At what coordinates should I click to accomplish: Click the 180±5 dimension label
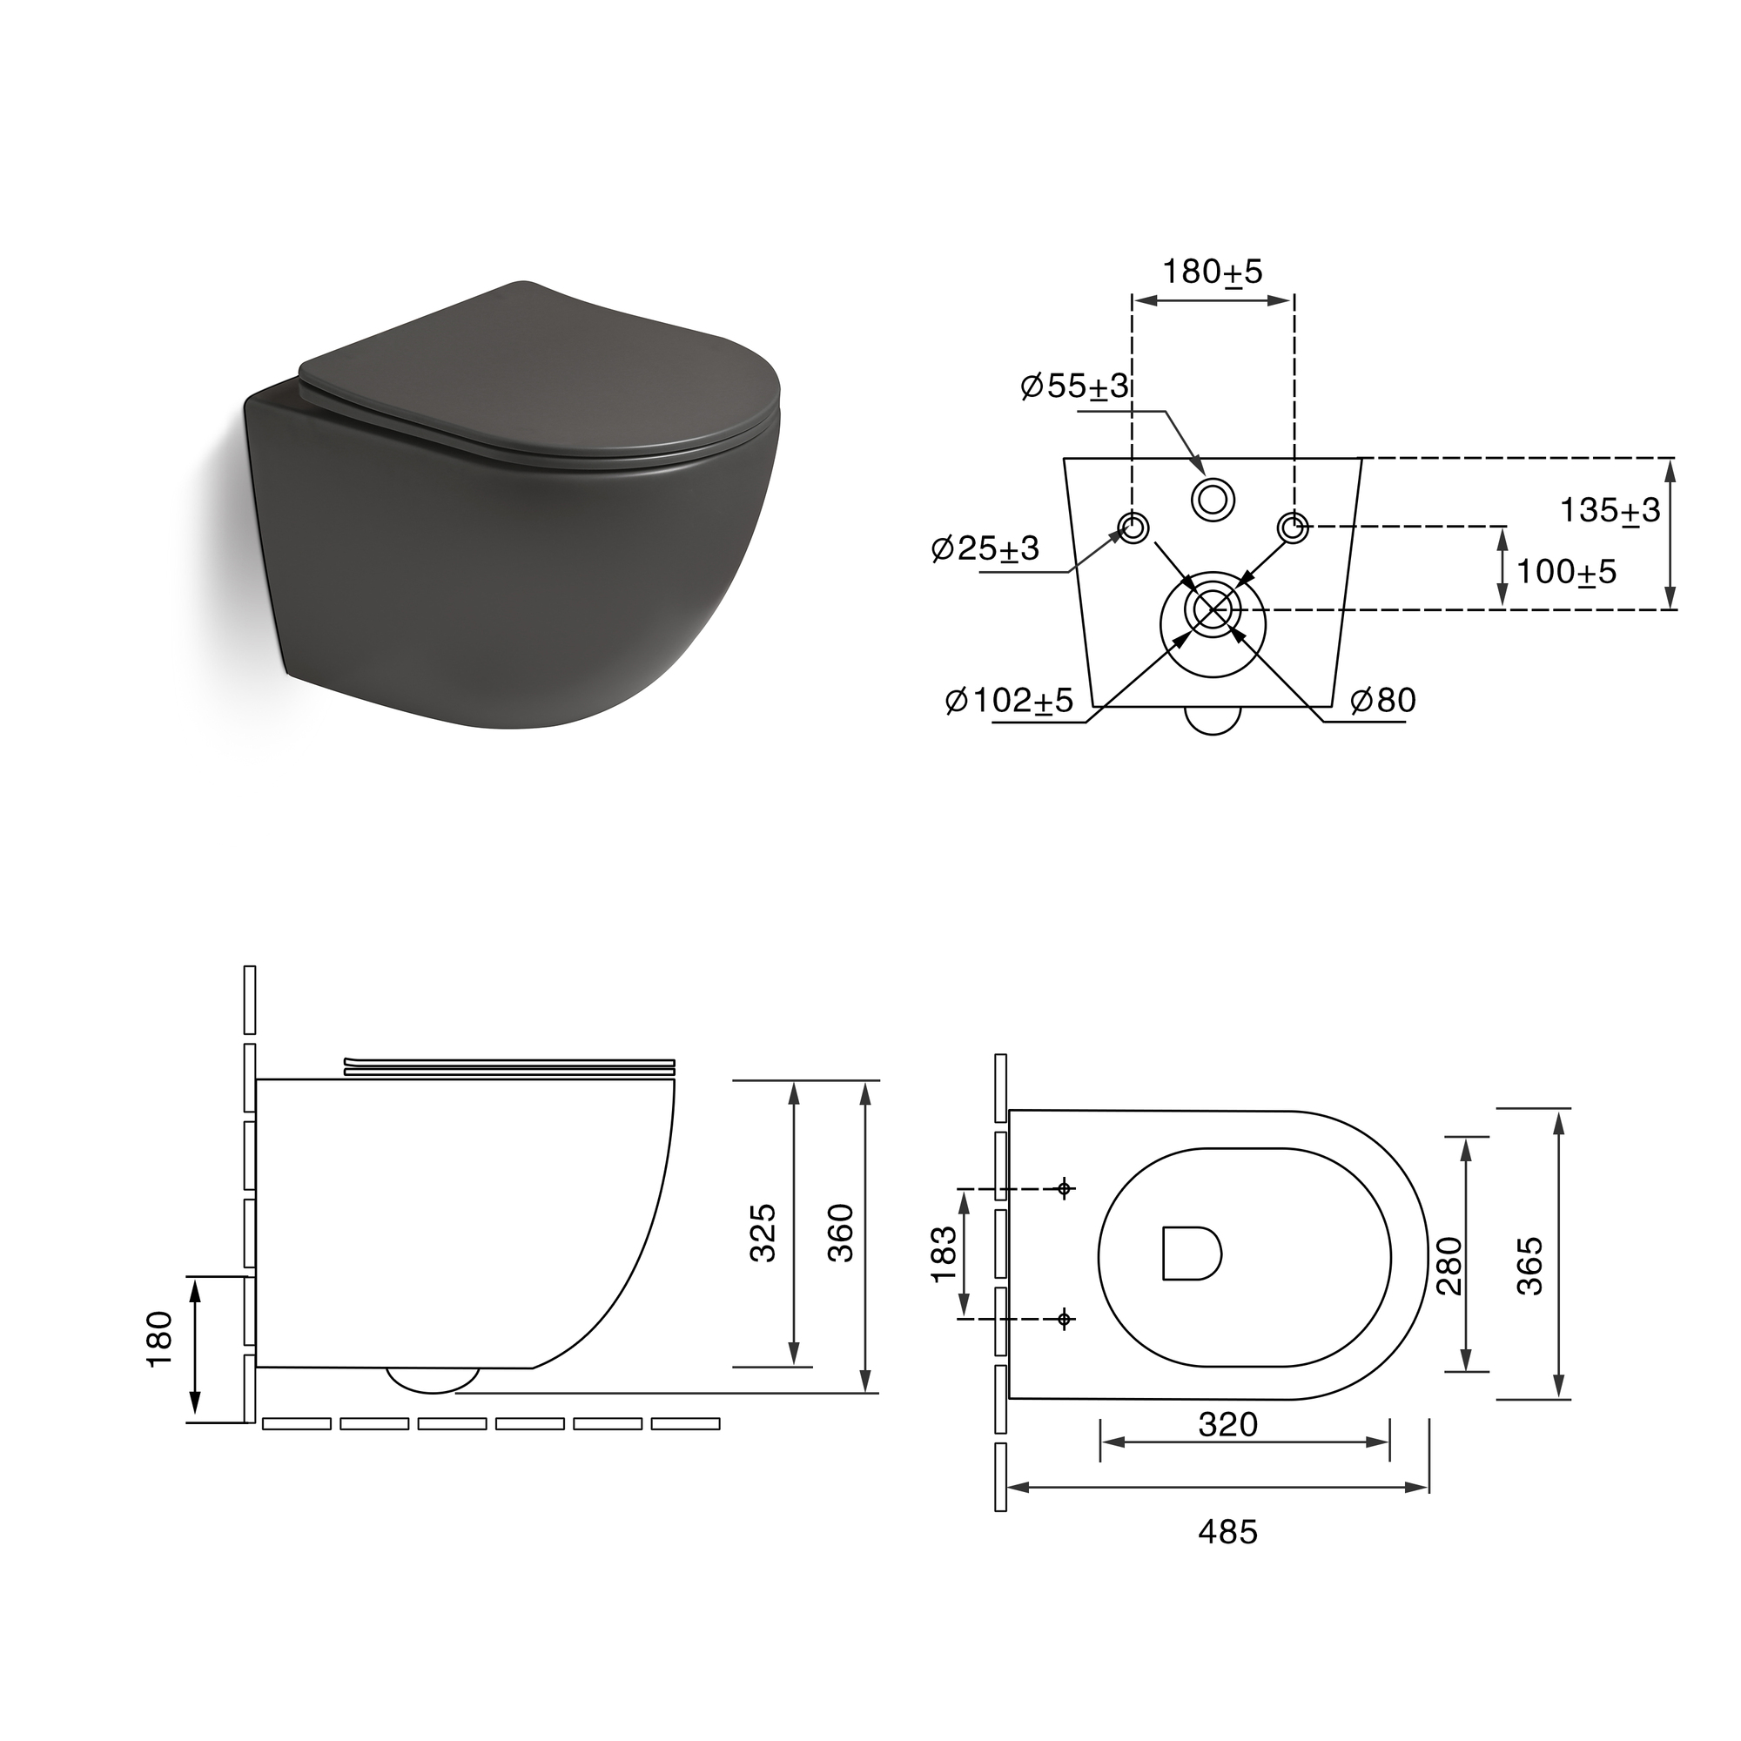tap(1212, 272)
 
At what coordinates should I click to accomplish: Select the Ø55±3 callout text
tap(1074, 387)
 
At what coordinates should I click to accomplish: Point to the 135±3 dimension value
tap(1610, 511)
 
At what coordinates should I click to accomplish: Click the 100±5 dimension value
tap(1566, 571)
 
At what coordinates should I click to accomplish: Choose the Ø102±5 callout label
tap(1009, 700)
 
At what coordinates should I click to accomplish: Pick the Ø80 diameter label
tap(1383, 700)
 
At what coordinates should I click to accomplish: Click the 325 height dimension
tap(763, 1232)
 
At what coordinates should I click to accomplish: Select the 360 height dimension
tap(840, 1232)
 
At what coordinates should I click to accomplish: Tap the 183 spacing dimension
tap(943, 1254)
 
